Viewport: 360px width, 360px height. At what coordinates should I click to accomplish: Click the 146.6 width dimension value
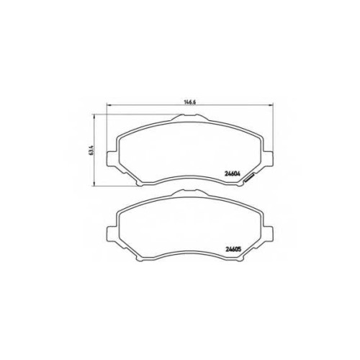point(190,102)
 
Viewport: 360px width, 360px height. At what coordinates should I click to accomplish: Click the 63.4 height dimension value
point(91,150)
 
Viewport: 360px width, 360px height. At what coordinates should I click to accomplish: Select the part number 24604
point(233,174)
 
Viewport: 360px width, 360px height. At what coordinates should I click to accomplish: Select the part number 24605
point(233,249)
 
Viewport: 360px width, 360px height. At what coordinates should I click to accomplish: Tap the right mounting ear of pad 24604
point(268,158)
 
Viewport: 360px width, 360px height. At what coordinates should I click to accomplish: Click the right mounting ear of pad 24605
point(268,233)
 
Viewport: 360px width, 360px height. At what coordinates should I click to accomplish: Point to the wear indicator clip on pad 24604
point(249,178)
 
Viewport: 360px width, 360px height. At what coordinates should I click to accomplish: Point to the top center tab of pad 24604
point(190,117)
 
